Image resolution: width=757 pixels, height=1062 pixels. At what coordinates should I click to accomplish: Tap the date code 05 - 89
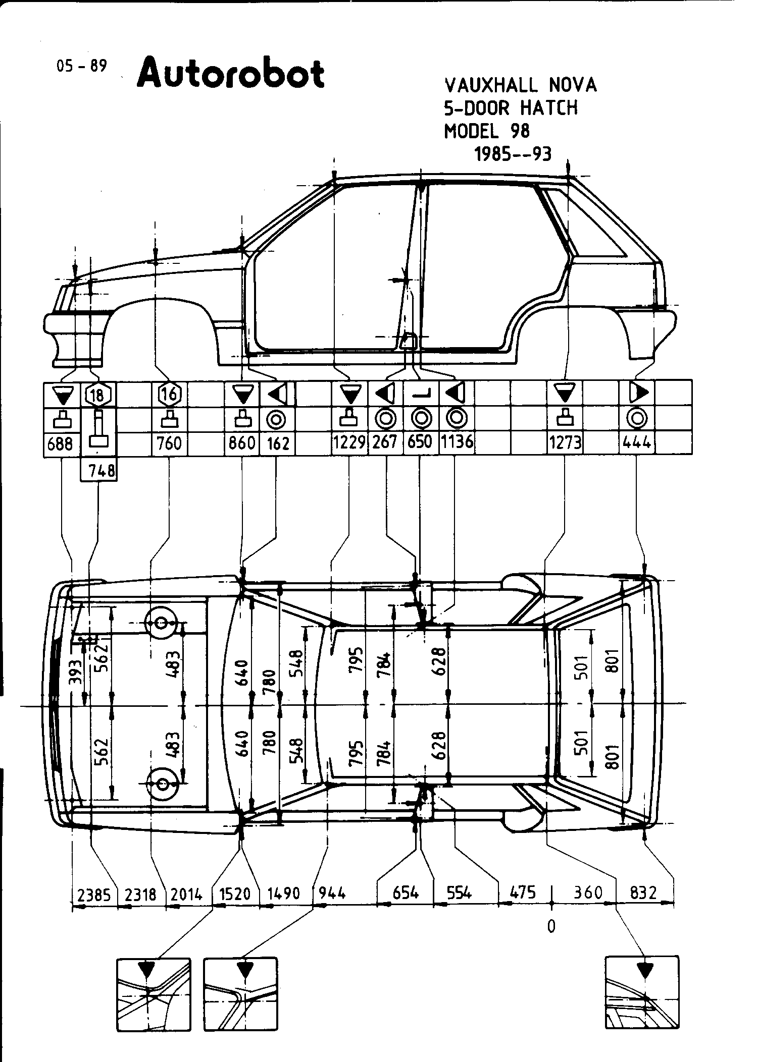click(x=82, y=66)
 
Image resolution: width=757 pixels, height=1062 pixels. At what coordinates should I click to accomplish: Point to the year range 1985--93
click(x=512, y=153)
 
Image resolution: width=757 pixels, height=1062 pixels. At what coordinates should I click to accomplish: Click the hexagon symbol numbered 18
click(x=97, y=395)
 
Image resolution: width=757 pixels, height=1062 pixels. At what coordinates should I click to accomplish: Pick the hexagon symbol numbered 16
click(x=169, y=394)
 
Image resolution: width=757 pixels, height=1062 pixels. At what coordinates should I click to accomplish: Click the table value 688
click(x=61, y=445)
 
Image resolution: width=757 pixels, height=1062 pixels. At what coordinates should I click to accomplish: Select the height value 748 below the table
click(x=102, y=472)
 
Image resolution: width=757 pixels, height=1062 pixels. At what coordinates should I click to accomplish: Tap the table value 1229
click(x=349, y=443)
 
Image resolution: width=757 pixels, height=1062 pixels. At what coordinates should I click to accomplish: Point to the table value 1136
click(x=457, y=442)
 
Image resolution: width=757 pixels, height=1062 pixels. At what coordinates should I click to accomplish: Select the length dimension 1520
click(x=235, y=894)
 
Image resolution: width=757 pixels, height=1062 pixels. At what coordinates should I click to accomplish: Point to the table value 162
click(x=278, y=444)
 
